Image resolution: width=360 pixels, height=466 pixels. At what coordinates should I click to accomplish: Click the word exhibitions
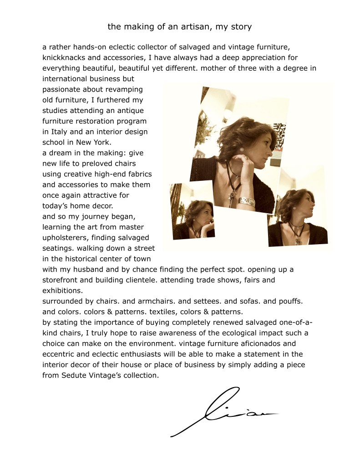pos(62,290)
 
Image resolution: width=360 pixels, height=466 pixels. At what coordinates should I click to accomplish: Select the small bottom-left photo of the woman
pos(193,211)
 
